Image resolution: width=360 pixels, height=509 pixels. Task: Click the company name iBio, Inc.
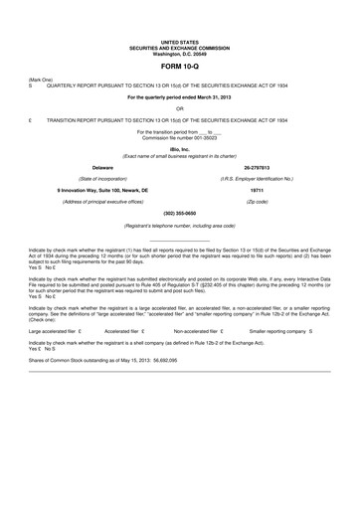pyautogui.click(x=180, y=147)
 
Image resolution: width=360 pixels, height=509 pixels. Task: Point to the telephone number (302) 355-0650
pyautogui.click(x=180, y=214)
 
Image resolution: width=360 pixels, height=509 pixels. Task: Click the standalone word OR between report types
pyautogui.click(x=180, y=108)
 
